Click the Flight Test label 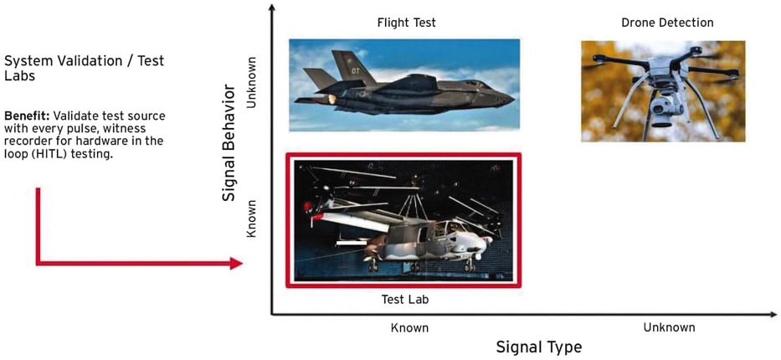[407, 23]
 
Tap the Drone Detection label [667, 23]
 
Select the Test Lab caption [405, 300]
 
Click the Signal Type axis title [538, 347]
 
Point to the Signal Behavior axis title [229, 143]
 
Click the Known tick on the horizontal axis [409, 327]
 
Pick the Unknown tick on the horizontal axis [669, 327]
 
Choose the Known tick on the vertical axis [250, 219]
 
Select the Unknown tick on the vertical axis [250, 82]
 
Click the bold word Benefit [25, 116]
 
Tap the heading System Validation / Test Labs [84, 69]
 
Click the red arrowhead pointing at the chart [236, 263]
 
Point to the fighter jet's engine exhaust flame [331, 99]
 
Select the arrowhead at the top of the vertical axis [271, 8]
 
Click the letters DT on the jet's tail [356, 70]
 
